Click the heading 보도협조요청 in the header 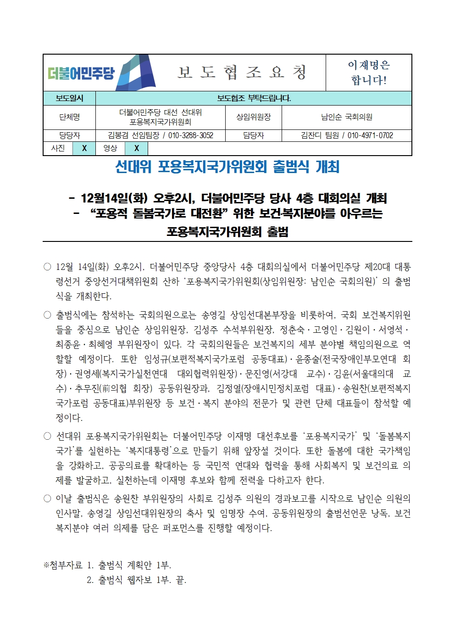(x=242, y=73)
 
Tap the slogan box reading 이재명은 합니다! (x=369, y=73)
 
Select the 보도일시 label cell (x=69, y=98)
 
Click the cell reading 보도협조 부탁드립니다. (x=254, y=98)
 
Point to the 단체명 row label (x=69, y=117)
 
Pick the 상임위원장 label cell (x=254, y=117)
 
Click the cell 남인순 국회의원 (x=347, y=117)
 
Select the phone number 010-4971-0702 (x=370, y=135)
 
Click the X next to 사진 (x=84, y=148)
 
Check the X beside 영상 (x=137, y=148)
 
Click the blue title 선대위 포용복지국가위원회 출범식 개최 (x=227, y=167)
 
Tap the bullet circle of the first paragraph (x=47, y=267)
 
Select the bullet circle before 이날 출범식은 (x=47, y=498)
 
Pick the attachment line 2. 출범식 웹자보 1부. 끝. (x=136, y=580)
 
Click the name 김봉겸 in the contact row (x=118, y=135)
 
